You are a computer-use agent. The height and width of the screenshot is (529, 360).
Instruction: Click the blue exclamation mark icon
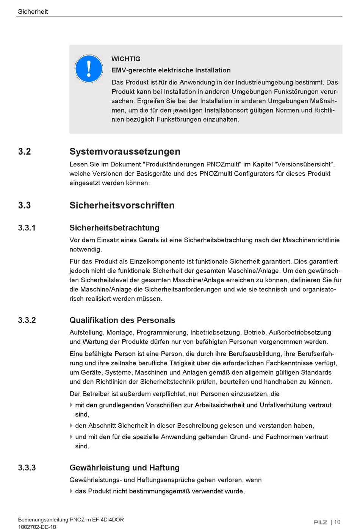tap(89, 69)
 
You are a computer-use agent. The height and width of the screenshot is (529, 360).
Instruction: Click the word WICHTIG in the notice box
tap(126, 59)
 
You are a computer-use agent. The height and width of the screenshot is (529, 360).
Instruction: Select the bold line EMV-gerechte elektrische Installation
tap(171, 70)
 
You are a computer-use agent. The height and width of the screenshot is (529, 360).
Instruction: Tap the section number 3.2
tap(25, 152)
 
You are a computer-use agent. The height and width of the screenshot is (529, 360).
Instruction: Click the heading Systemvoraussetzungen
tap(125, 152)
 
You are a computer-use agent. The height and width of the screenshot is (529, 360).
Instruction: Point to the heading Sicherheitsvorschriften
tap(122, 205)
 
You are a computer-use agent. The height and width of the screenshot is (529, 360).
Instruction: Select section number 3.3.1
tap(27, 228)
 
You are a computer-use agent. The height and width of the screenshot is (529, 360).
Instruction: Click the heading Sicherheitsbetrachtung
tap(114, 228)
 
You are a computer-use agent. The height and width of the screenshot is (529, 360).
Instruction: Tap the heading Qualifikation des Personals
tap(122, 320)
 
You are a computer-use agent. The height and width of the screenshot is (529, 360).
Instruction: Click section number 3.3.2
tap(27, 320)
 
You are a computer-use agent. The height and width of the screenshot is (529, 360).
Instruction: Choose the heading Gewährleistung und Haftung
tap(124, 468)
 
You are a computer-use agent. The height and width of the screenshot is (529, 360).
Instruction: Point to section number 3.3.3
tap(27, 468)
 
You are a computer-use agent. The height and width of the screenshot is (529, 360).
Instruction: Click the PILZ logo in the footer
tap(320, 522)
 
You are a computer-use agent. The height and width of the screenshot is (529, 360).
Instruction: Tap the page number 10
tap(337, 522)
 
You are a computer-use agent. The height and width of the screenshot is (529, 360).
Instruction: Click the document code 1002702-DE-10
tap(37, 527)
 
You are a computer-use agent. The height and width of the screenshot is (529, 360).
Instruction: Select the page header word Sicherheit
tap(33, 12)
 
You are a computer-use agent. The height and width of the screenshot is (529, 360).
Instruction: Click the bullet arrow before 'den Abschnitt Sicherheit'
tap(71, 426)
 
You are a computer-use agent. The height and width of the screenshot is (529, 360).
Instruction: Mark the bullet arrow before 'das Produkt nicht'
tap(71, 491)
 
